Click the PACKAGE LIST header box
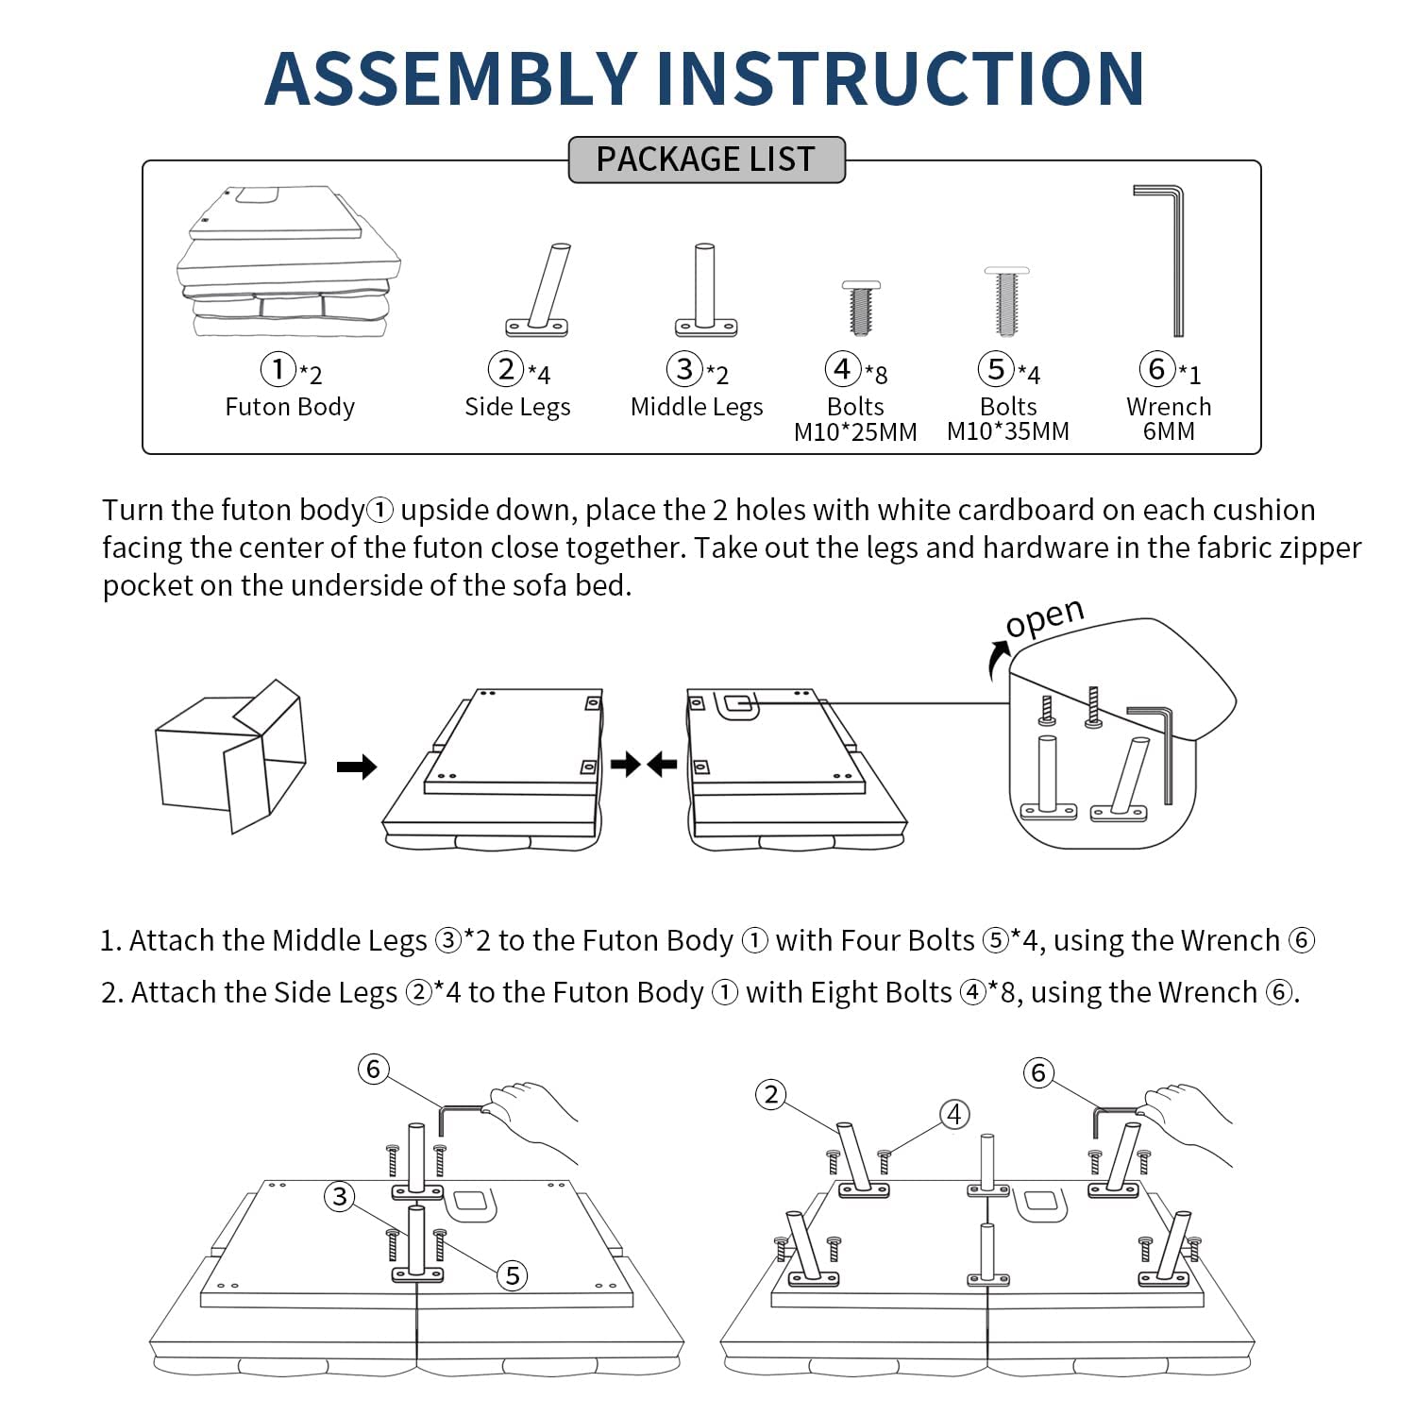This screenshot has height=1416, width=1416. click(x=706, y=160)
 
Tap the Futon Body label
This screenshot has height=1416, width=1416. click(x=290, y=407)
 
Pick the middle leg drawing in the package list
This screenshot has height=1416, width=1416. click(x=705, y=290)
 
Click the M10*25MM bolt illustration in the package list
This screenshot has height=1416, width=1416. click(x=860, y=307)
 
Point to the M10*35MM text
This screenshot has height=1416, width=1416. click(x=1008, y=431)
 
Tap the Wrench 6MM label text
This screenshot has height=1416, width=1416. click(x=1169, y=418)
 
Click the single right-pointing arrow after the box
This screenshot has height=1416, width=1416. click(x=356, y=767)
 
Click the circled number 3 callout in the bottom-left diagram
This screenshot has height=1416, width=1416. click(x=339, y=1197)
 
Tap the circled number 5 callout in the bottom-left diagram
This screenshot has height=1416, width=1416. click(x=513, y=1275)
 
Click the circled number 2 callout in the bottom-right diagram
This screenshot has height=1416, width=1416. click(x=771, y=1095)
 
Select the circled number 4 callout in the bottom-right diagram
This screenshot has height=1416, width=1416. click(x=954, y=1114)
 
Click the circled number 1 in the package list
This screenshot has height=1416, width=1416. click(x=278, y=368)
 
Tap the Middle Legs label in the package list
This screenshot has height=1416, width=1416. click(x=697, y=407)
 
